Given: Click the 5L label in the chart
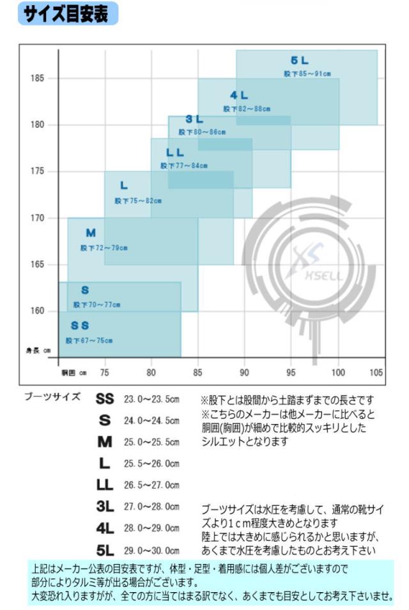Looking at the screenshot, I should (x=300, y=61).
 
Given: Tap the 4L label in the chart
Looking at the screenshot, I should (x=240, y=96).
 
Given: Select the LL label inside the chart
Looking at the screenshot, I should (x=175, y=153).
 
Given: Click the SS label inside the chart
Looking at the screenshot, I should (x=80, y=326).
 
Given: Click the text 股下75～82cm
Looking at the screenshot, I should (x=138, y=200).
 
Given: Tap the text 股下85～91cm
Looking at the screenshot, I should (x=307, y=74).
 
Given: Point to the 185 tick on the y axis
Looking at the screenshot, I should (x=37, y=79).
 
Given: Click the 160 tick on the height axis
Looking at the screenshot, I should (x=37, y=311).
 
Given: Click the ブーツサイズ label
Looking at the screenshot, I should (x=52, y=397).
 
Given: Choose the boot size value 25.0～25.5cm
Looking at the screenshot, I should (x=151, y=442).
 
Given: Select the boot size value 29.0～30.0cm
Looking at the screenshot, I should (x=151, y=550).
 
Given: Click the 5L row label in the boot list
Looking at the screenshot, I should (x=105, y=550).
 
